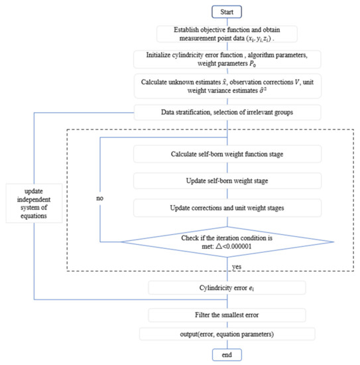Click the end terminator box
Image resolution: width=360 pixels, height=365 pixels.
[227, 355]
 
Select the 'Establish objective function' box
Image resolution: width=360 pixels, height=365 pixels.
[227, 33]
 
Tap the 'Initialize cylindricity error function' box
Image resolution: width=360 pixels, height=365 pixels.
[227, 59]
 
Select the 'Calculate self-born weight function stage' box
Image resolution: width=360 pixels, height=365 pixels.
[227, 154]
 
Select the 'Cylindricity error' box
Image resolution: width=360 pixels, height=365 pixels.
[227, 287]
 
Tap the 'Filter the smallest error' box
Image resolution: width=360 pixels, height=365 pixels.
[227, 314]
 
